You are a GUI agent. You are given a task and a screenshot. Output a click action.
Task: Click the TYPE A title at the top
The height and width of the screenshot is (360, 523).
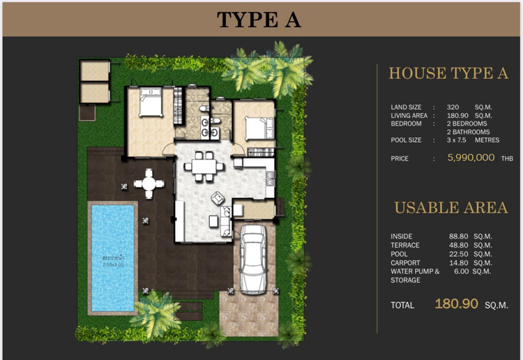(259, 20)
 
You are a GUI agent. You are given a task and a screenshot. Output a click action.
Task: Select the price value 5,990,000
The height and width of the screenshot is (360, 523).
(471, 158)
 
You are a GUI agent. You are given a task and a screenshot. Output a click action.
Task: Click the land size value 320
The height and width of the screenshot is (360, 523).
(453, 107)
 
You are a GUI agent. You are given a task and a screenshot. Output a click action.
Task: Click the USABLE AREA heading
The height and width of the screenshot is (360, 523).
(450, 207)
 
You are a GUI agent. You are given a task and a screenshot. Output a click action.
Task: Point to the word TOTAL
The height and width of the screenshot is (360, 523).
(402, 305)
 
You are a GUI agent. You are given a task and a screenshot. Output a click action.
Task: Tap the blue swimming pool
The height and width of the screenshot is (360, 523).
(112, 257)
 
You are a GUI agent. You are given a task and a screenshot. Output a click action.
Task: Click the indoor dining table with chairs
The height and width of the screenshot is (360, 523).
(204, 166)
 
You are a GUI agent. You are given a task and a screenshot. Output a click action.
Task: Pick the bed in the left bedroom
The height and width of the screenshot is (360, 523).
(151, 104)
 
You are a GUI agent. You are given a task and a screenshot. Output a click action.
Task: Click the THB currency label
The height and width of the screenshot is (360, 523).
(507, 159)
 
